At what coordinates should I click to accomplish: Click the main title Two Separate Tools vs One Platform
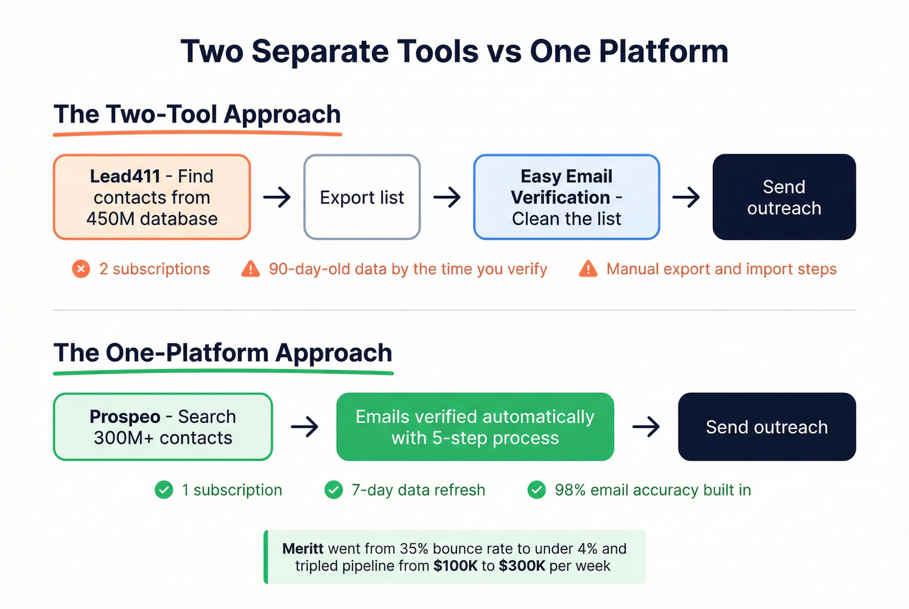[454, 51]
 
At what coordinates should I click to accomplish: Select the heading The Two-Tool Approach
[197, 114]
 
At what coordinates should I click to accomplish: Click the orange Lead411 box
[152, 197]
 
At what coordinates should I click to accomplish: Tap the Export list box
[362, 197]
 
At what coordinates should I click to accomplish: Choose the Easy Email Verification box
[566, 197]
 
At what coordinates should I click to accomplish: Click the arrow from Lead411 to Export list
[277, 197]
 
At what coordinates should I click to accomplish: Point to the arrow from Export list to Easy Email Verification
[447, 197]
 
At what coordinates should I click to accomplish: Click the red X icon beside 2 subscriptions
[81, 269]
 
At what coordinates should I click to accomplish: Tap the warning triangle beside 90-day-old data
[250, 269]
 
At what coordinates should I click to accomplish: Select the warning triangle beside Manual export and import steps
[588, 269]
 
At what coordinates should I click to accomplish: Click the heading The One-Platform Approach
[223, 353]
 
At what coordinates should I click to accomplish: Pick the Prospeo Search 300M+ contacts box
[162, 427]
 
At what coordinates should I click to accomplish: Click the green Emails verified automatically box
[475, 427]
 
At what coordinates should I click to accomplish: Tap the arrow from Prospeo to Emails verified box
[305, 427]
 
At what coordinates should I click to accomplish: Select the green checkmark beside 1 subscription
[164, 490]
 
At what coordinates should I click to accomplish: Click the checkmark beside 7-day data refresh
[334, 490]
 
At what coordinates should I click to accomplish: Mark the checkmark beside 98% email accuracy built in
[537, 490]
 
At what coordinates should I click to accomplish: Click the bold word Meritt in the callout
[303, 549]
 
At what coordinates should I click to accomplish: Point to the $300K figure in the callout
[522, 566]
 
